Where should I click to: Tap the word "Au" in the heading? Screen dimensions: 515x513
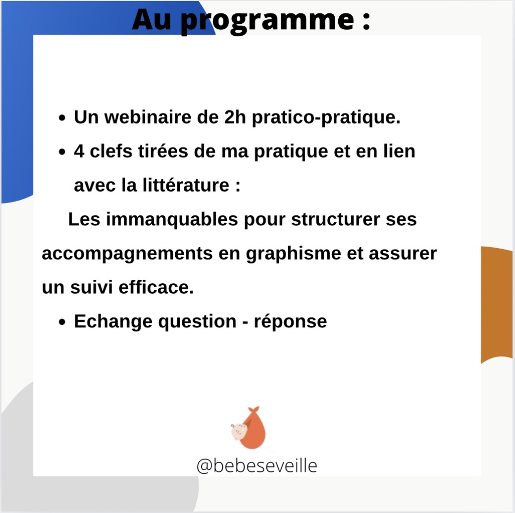(x=152, y=20)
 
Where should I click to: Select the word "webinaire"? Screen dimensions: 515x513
(x=148, y=117)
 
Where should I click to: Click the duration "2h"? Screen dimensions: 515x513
(x=235, y=117)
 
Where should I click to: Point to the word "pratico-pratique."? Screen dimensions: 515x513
(x=326, y=118)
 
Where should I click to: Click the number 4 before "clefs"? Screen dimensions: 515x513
(x=79, y=152)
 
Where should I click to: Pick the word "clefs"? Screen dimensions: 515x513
(x=111, y=151)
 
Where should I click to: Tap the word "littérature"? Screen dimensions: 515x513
(x=186, y=185)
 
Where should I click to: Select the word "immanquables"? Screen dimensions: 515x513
(x=172, y=220)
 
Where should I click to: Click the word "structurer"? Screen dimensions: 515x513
(x=335, y=219)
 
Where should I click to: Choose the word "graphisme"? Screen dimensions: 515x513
(x=293, y=255)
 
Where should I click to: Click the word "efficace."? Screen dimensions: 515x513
(x=156, y=287)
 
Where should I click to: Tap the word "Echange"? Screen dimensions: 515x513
(x=113, y=322)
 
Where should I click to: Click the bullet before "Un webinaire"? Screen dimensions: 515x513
(x=62, y=118)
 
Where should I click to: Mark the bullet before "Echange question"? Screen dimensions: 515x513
(x=62, y=322)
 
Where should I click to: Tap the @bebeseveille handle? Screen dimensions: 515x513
(x=257, y=465)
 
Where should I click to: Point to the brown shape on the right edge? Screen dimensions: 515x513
(x=496, y=304)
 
